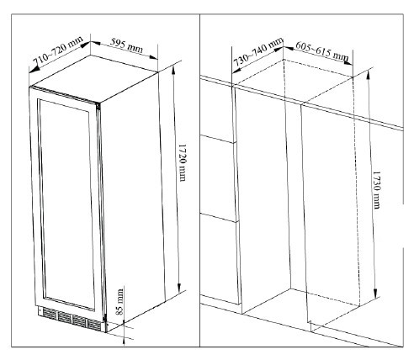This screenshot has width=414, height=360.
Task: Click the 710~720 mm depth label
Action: click(58, 50)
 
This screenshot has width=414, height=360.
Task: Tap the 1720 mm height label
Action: click(183, 163)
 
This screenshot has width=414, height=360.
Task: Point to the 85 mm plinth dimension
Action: click(119, 302)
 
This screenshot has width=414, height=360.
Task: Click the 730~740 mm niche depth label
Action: click(258, 52)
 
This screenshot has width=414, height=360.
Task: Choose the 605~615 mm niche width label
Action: click(322, 50)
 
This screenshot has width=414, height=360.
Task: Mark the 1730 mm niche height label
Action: click(377, 190)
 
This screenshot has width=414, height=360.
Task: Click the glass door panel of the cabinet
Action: click(66, 204)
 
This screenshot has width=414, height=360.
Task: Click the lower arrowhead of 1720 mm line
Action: click(179, 288)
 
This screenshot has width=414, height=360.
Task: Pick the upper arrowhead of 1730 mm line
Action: click(369, 73)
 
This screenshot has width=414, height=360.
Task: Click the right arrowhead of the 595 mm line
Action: click(153, 57)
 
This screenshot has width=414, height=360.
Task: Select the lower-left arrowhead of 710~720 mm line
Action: click(34, 69)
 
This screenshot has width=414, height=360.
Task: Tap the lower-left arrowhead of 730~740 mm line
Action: click(236, 70)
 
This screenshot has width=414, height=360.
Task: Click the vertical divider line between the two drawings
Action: click(200, 180)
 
